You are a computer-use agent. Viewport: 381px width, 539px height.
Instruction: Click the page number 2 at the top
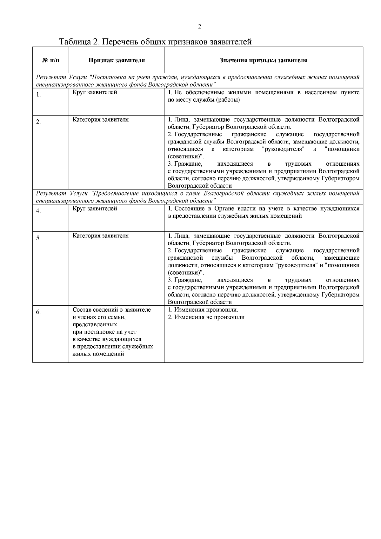[x=200, y=26]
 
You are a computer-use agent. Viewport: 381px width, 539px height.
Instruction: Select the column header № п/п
[x=50, y=60]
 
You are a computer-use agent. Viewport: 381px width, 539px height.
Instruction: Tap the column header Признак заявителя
[x=117, y=60]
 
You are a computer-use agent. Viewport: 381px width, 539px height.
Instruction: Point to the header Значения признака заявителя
[x=264, y=60]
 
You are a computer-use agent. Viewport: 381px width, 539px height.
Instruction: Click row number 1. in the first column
[x=38, y=95]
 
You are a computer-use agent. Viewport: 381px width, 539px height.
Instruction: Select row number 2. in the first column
[x=38, y=122]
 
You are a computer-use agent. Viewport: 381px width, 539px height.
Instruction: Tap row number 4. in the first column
[x=38, y=211]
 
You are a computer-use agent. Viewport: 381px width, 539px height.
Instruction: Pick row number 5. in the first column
[x=38, y=238]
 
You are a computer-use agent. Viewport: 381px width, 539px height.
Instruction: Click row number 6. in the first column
[x=38, y=312]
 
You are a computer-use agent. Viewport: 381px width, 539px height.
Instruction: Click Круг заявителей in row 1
[x=95, y=92]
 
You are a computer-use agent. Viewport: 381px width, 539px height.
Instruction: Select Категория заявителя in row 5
[x=101, y=236]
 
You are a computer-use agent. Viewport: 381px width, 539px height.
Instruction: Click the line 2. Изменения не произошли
[x=206, y=317]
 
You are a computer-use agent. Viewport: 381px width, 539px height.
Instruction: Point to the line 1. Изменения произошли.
[x=203, y=310]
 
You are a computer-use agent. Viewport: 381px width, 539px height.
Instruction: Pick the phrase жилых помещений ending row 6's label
[x=98, y=354]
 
